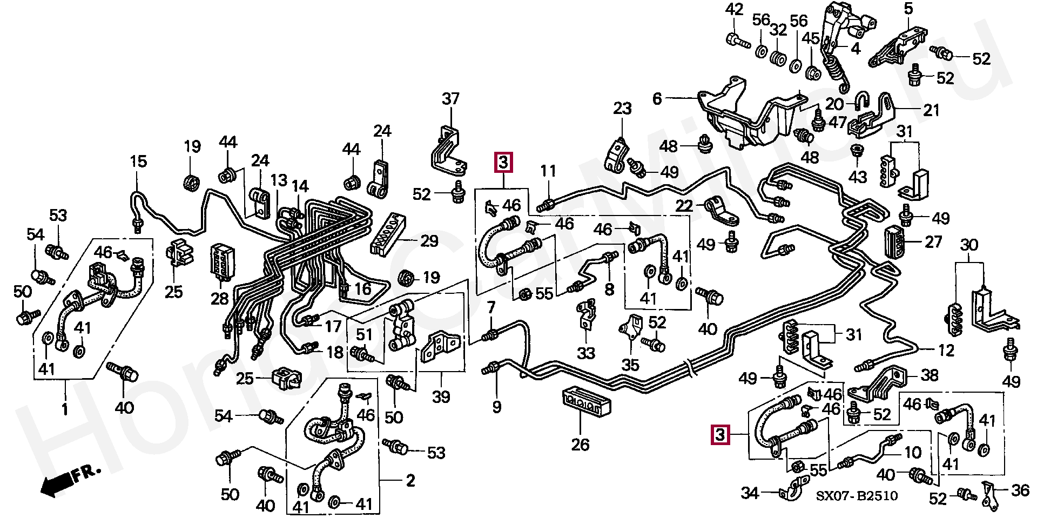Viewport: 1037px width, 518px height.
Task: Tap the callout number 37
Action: [450, 99]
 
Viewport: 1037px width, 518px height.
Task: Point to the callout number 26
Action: [581, 444]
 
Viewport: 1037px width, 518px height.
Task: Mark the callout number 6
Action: [657, 99]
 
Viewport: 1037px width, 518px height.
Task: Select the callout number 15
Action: [138, 161]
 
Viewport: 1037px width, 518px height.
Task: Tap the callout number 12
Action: [946, 351]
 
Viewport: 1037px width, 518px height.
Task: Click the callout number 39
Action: [441, 397]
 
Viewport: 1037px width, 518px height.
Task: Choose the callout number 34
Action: [750, 493]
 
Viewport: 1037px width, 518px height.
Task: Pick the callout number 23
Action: [622, 109]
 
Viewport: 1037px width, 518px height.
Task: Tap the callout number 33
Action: [586, 353]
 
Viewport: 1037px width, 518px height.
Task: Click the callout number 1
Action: [65, 409]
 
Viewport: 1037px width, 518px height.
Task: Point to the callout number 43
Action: [857, 176]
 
